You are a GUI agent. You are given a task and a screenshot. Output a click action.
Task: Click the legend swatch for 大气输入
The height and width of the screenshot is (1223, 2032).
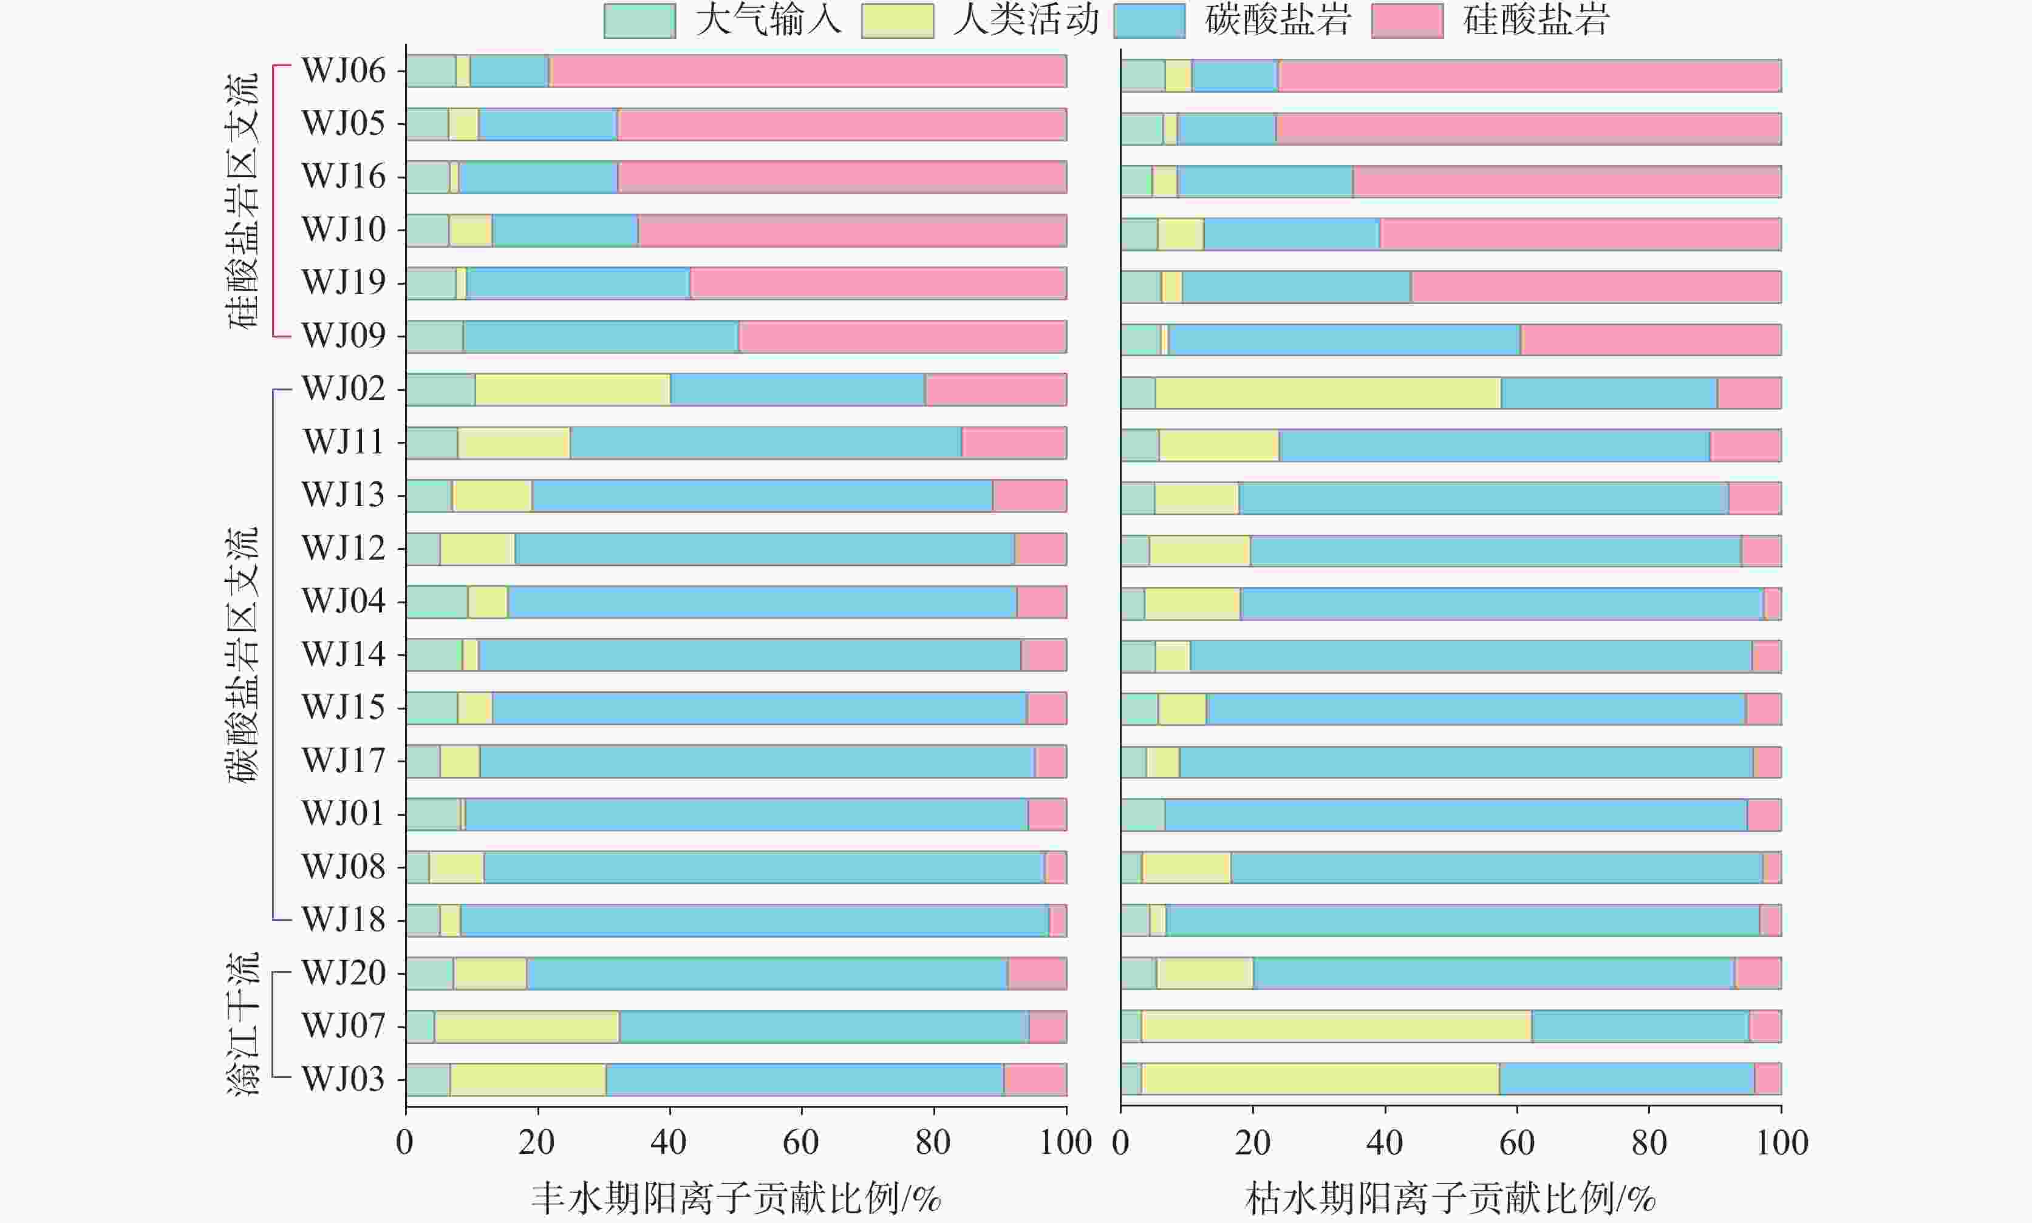(639, 21)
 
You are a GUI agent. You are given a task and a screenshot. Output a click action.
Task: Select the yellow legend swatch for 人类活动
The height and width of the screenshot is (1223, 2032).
(897, 21)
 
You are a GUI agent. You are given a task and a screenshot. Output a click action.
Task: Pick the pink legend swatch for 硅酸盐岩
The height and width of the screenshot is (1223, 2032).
(1407, 21)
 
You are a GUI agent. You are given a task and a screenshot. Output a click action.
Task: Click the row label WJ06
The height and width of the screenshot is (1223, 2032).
(343, 71)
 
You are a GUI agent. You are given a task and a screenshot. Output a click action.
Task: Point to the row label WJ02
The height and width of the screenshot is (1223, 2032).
(343, 389)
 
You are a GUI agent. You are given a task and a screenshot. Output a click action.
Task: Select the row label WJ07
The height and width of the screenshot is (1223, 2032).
(343, 1026)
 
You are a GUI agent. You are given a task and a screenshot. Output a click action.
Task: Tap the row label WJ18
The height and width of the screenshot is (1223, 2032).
(343, 920)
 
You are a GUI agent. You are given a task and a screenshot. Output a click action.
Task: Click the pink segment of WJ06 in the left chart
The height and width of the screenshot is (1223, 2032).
(808, 71)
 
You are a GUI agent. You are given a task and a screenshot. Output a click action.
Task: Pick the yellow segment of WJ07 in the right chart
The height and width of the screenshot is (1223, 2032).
(1336, 1026)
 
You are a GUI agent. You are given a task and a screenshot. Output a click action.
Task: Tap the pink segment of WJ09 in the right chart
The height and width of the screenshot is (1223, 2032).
(1651, 339)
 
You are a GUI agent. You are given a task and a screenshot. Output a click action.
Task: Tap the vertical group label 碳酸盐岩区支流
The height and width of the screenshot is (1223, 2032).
(243, 655)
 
